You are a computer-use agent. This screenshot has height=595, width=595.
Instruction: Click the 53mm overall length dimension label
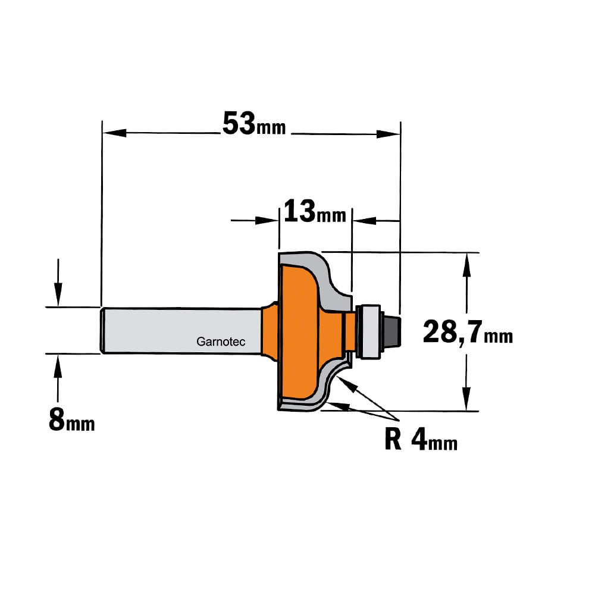click(x=254, y=124)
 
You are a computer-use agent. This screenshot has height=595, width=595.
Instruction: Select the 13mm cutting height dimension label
click(x=315, y=212)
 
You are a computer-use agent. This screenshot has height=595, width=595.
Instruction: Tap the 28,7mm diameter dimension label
click(x=468, y=332)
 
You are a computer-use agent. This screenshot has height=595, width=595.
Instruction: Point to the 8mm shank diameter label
click(x=72, y=421)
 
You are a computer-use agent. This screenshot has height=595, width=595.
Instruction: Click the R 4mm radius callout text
click(x=421, y=440)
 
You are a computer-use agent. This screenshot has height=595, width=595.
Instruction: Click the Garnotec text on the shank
click(x=221, y=342)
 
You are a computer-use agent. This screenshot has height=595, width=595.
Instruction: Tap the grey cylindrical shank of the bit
click(x=181, y=330)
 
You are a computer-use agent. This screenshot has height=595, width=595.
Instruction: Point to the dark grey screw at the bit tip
click(x=391, y=330)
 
